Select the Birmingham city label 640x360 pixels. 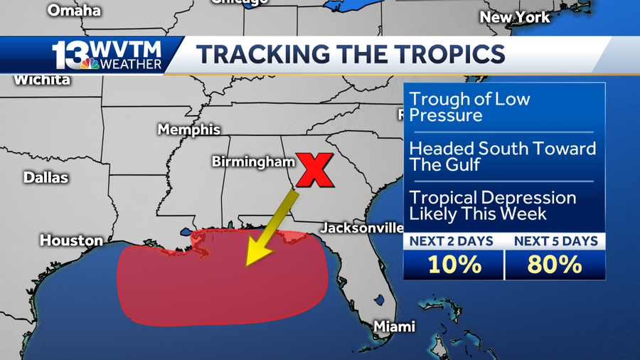click(x=253, y=162)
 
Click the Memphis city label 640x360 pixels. click(x=188, y=130)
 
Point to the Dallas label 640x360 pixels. click(x=46, y=177)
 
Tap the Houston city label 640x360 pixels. click(x=71, y=240)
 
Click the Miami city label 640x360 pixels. click(x=394, y=327)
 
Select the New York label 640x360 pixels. click(x=515, y=16)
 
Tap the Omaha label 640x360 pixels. click(x=74, y=10)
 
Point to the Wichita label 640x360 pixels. click(x=42, y=80)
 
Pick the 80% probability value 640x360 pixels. click(x=555, y=265)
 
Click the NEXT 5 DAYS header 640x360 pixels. click(x=555, y=242)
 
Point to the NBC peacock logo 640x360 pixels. click(x=90, y=64)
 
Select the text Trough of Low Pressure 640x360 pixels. click(x=469, y=107)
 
